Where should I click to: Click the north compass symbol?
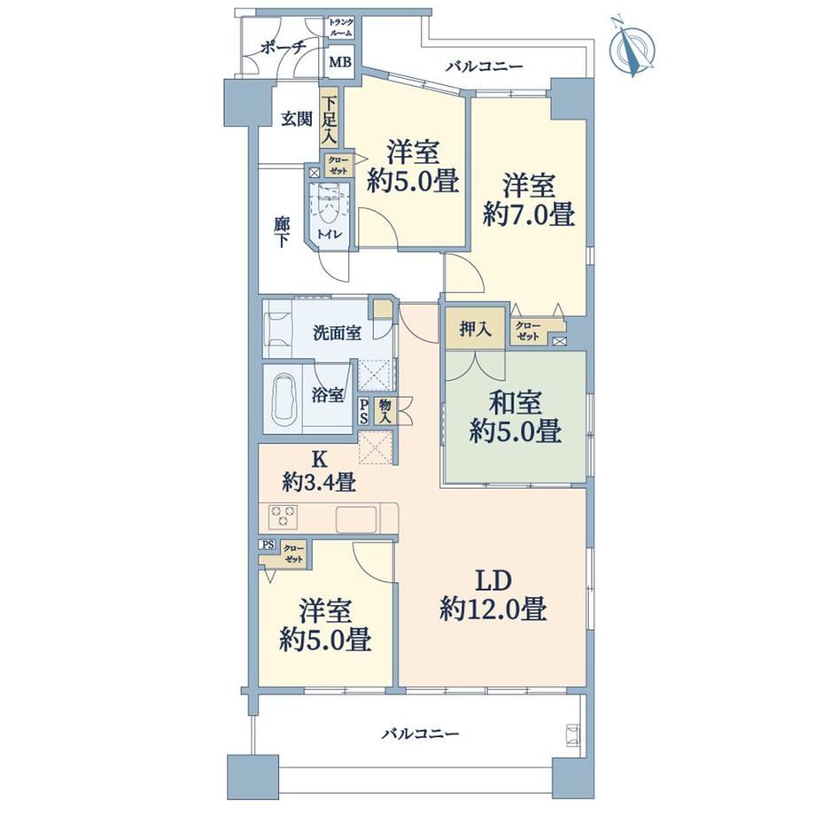[632, 47]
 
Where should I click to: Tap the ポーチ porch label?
[283, 49]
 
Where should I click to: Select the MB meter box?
[341, 62]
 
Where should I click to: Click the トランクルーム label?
[341, 27]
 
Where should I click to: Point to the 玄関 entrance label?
[297, 120]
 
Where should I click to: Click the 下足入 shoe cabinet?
[329, 120]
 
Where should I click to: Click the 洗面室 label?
[338, 333]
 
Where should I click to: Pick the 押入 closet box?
[476, 329]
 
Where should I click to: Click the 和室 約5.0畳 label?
[515, 416]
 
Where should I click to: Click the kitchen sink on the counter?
[356, 519]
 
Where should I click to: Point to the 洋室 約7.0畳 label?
[529, 200]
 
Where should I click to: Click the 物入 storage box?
[385, 412]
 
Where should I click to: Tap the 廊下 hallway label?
[281, 232]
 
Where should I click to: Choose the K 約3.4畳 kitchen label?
[319, 471]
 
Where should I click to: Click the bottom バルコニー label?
[421, 734]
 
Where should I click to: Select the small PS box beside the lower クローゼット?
[268, 545]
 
